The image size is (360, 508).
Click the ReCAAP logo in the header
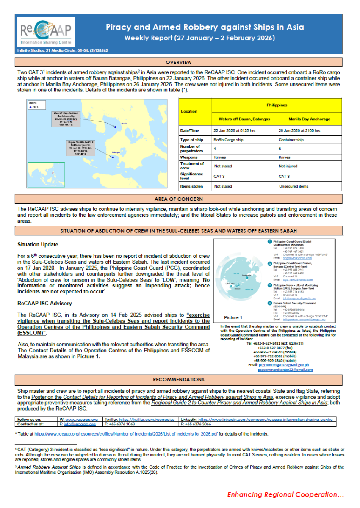(45, 32)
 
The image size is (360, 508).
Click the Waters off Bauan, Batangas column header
(241, 119)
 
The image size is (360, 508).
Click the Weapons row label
(189, 157)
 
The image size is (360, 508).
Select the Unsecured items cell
(293, 186)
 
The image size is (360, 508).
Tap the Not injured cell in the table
(288, 166)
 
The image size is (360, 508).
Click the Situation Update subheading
(38, 245)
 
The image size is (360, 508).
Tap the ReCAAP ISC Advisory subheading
(44, 303)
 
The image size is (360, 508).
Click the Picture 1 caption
(233, 317)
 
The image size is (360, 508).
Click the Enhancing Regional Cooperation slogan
(285, 494)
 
